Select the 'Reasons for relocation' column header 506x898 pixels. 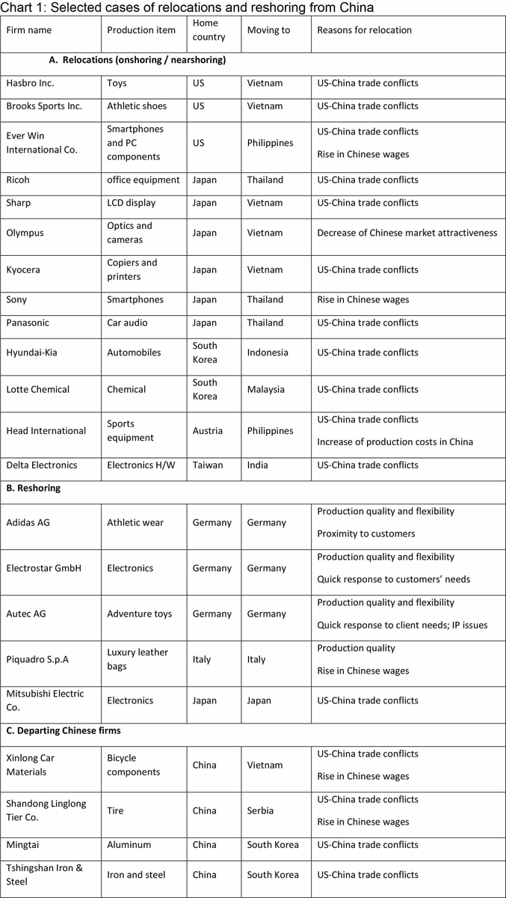364,30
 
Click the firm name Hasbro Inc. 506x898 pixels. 30,83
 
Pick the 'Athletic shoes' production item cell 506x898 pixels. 137,106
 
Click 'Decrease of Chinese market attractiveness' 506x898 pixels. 407,233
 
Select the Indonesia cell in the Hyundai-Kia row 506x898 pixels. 267,352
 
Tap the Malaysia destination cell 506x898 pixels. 265,389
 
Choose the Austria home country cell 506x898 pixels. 206,430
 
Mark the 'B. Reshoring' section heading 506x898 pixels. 33,488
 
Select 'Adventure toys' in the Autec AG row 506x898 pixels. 139,614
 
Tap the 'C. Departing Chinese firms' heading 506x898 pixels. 63,730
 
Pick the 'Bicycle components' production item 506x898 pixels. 133,765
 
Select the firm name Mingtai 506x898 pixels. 26,845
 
